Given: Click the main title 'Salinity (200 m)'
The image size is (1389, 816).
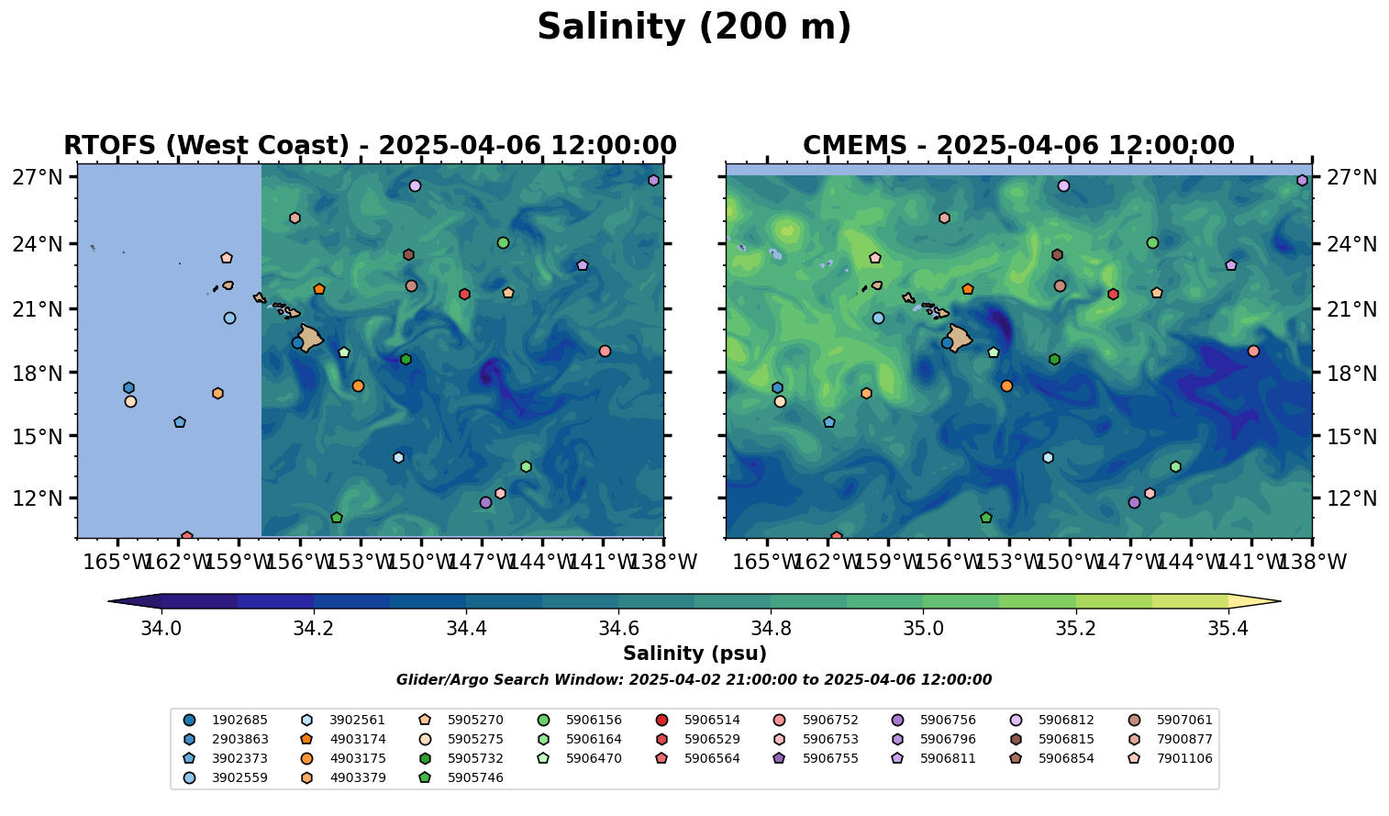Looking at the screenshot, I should coord(694,28).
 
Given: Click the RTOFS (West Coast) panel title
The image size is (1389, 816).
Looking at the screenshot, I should coord(370,146).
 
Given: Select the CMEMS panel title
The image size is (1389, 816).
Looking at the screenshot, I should coord(1018,146).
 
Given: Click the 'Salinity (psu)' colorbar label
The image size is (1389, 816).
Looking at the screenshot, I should coord(694,654).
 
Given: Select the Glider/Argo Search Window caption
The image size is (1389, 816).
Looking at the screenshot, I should coord(694,680).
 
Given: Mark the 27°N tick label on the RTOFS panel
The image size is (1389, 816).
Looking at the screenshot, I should coord(37,177).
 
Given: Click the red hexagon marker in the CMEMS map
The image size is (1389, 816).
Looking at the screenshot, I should coord(1113,295).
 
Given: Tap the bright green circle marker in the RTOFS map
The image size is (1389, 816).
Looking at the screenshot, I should coord(503,243).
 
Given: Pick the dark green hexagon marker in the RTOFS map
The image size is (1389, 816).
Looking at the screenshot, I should coord(406,360).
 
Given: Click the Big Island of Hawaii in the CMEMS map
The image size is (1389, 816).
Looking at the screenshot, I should coord(960,339).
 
